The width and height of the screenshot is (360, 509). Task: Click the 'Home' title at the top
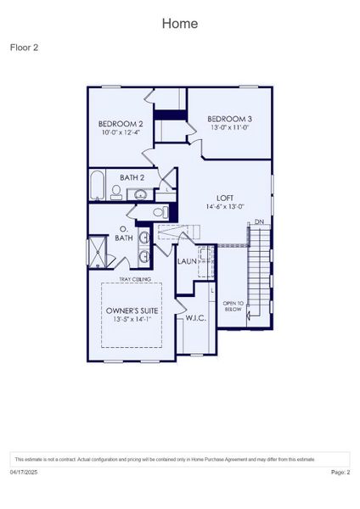pyautogui.click(x=180, y=23)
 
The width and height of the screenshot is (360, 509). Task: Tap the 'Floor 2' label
pyautogui.click(x=24, y=48)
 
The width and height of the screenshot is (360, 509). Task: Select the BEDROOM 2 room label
pyautogui.click(x=121, y=124)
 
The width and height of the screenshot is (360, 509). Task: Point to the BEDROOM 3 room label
pyautogui.click(x=230, y=119)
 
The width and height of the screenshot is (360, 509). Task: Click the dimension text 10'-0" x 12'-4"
pyautogui.click(x=121, y=132)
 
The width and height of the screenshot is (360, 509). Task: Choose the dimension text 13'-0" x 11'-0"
pyautogui.click(x=230, y=127)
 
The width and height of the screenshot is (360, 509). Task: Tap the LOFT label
pyautogui.click(x=225, y=197)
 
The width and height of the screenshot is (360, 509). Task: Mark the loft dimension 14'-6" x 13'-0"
pyautogui.click(x=225, y=206)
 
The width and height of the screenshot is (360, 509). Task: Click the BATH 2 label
pyautogui.click(x=132, y=177)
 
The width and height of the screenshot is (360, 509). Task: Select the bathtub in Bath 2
pyautogui.click(x=96, y=183)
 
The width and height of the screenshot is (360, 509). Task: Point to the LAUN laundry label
pyautogui.click(x=187, y=261)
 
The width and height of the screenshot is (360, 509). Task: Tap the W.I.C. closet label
pyautogui.click(x=197, y=318)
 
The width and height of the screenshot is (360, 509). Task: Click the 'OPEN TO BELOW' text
pyautogui.click(x=233, y=306)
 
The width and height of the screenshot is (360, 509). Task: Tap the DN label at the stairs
pyautogui.click(x=259, y=223)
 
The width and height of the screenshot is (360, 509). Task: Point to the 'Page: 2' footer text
pyautogui.click(x=340, y=472)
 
